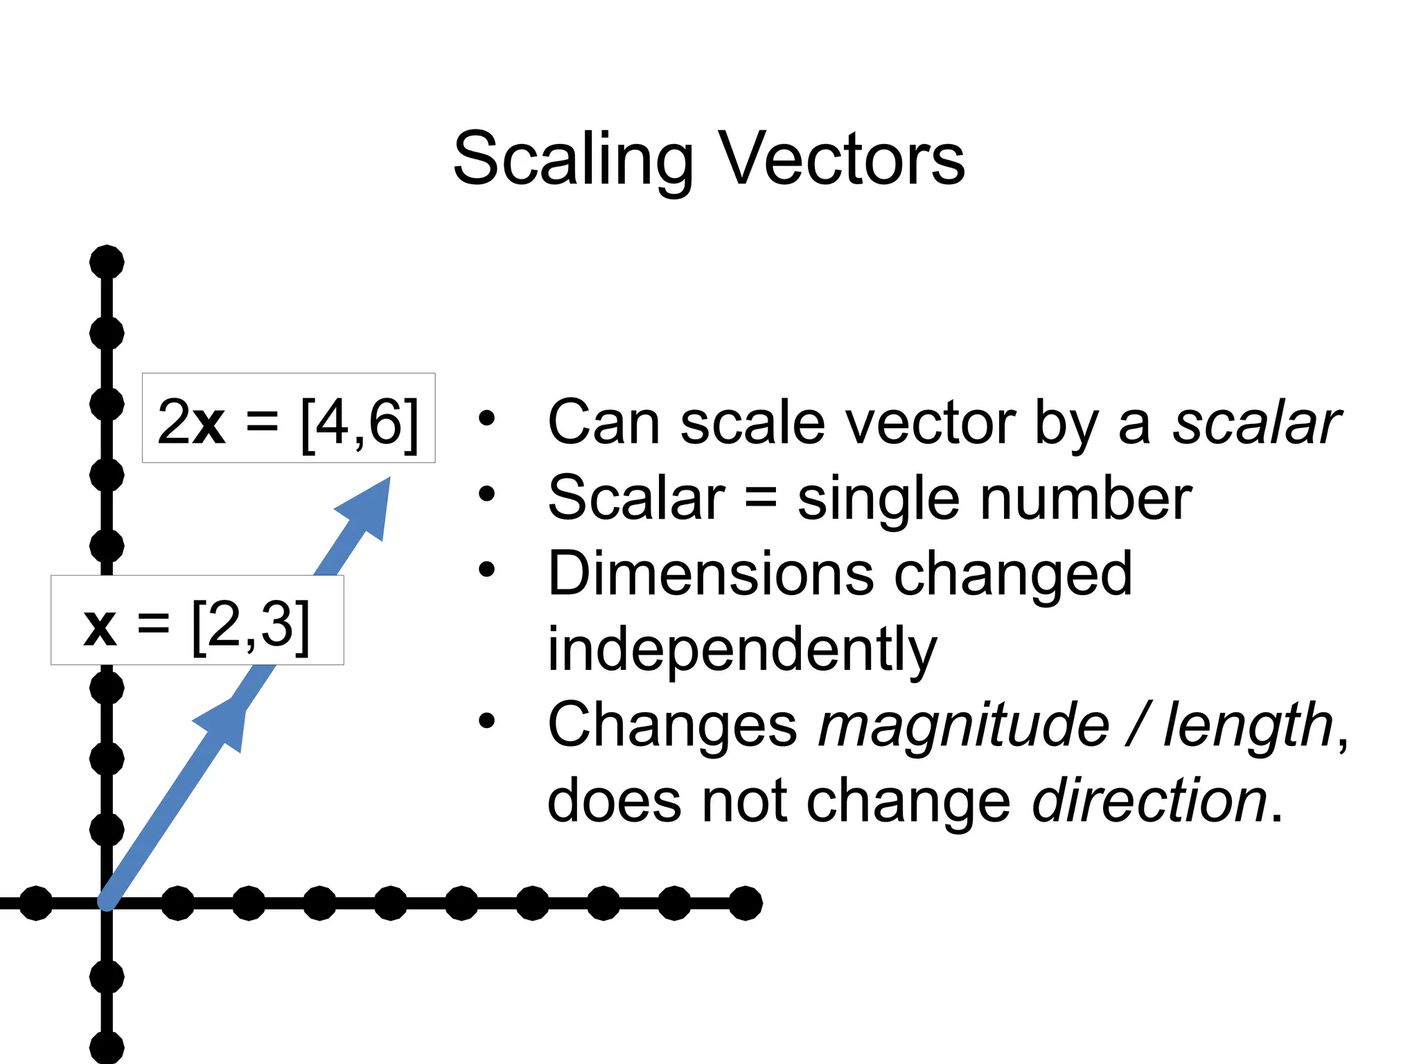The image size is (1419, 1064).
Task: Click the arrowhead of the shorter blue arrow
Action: (225, 724)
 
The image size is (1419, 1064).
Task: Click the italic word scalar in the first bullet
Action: (1256, 423)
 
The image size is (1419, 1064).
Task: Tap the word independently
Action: (741, 649)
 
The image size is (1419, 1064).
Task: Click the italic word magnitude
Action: (963, 725)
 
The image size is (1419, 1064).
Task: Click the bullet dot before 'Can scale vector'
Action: (487, 418)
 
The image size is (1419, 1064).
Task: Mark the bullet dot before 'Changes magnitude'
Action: (487, 720)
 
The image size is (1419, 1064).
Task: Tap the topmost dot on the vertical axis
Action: (107, 263)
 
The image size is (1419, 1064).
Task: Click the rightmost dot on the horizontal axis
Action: (746, 903)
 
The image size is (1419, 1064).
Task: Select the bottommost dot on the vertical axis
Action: (107, 1048)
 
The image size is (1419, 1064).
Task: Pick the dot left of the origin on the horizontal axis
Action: (36, 903)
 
